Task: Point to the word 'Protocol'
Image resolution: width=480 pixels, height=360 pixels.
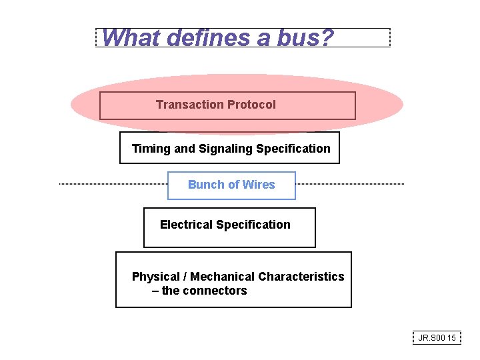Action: click(x=251, y=105)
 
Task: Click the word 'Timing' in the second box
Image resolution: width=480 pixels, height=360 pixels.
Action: click(x=151, y=149)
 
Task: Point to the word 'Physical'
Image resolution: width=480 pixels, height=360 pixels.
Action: click(x=156, y=277)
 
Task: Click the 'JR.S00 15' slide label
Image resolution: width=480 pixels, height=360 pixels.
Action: click(x=437, y=338)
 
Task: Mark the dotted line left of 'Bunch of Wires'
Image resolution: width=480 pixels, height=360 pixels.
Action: click(x=113, y=184)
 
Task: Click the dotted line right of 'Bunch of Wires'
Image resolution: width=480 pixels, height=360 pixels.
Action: click(x=349, y=184)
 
